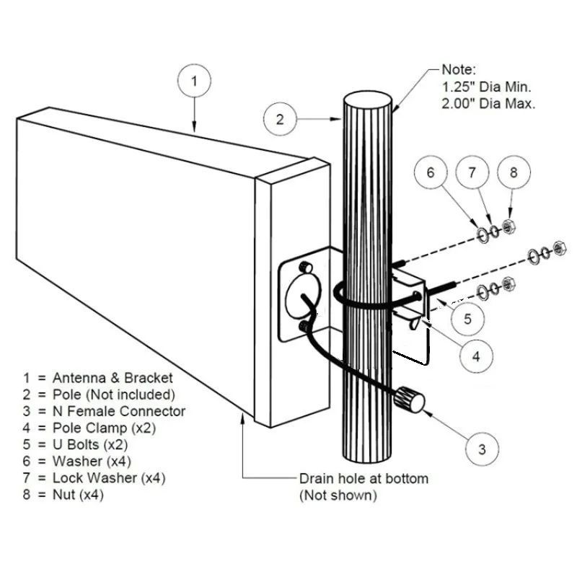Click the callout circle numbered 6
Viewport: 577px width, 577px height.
430,172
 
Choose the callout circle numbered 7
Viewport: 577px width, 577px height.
472,172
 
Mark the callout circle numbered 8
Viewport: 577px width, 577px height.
514,172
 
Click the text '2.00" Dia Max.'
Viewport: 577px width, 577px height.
487,104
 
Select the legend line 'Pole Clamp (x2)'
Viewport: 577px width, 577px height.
100,428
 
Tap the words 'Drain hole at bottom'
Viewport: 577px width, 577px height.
363,478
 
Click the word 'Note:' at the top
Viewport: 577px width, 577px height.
459,70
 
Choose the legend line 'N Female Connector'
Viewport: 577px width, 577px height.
104,411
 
